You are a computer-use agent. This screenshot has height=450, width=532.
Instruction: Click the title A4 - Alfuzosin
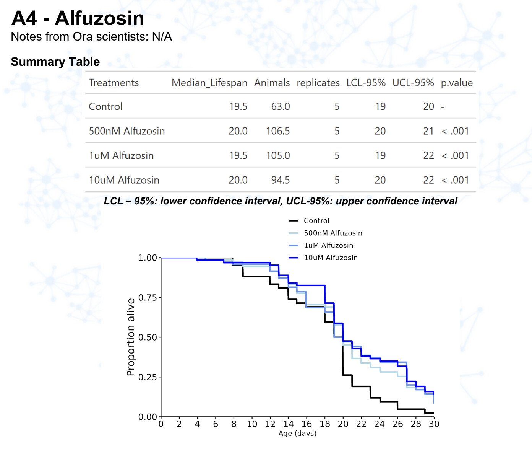(x=78, y=18)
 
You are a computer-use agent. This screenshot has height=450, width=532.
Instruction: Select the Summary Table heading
(x=55, y=62)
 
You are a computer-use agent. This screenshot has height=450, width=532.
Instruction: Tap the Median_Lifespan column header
(x=209, y=83)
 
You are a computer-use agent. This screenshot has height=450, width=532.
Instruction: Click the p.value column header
(x=456, y=83)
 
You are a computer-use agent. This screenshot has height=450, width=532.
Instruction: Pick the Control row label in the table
(x=105, y=106)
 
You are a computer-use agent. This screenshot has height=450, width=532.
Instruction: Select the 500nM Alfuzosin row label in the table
(x=127, y=131)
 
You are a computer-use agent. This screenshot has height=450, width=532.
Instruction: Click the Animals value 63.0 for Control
(x=280, y=106)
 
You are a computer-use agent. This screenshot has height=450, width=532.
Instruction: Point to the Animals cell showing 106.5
(x=278, y=131)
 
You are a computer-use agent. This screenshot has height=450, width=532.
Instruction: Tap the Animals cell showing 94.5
(x=280, y=180)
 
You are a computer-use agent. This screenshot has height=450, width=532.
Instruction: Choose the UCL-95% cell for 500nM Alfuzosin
(x=428, y=131)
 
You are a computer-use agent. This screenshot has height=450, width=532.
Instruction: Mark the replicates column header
(x=318, y=83)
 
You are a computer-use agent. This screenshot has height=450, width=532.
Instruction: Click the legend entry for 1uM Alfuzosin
(x=328, y=245)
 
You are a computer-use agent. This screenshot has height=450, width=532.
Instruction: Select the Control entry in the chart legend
(x=316, y=221)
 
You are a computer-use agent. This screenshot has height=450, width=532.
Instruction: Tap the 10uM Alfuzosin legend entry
(x=331, y=258)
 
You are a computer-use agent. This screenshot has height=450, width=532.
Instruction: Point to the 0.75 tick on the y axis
(x=148, y=297)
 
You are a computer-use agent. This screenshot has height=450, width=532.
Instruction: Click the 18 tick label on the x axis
(x=325, y=424)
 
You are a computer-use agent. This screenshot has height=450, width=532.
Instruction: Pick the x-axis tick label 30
(x=434, y=424)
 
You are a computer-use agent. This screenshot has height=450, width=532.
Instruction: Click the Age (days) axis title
(x=297, y=433)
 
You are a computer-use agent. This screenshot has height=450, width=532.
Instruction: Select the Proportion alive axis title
(x=131, y=337)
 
